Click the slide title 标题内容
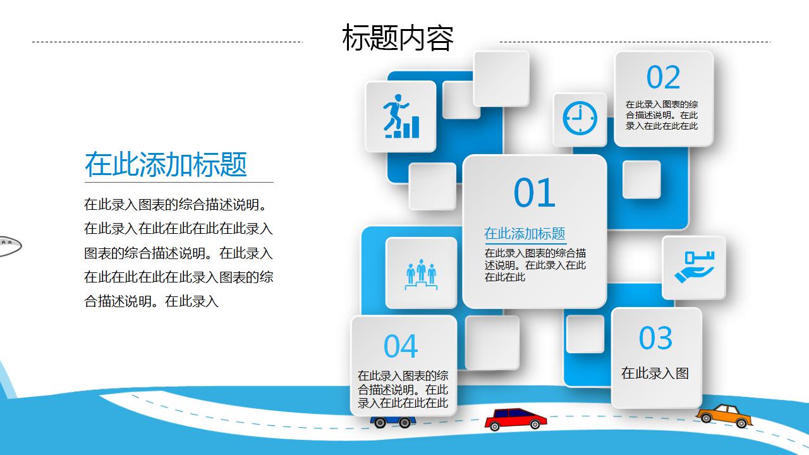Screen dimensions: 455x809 pos(398,38)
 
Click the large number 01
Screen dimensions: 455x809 pos(534,193)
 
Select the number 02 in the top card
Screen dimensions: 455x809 pos(663,78)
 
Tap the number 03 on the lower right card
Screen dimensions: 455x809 pos(655,338)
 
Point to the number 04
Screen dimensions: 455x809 pos(401,346)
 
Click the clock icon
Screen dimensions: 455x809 pos(580,119)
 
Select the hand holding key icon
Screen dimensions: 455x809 pos(694,267)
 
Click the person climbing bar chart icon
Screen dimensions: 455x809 pos(401,116)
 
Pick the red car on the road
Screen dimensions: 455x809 pos(515,418)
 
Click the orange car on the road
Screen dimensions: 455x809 pos(724,415)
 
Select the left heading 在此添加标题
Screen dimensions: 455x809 pos(166,164)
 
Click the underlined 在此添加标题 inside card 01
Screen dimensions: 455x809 pos(525,233)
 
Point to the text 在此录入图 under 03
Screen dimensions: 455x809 pos(655,373)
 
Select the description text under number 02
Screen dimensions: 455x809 pos(662,115)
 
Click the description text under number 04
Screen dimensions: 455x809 pos(403,389)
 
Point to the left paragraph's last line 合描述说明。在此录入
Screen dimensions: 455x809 pos(151,301)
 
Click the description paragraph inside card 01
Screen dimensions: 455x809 pos(535,265)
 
